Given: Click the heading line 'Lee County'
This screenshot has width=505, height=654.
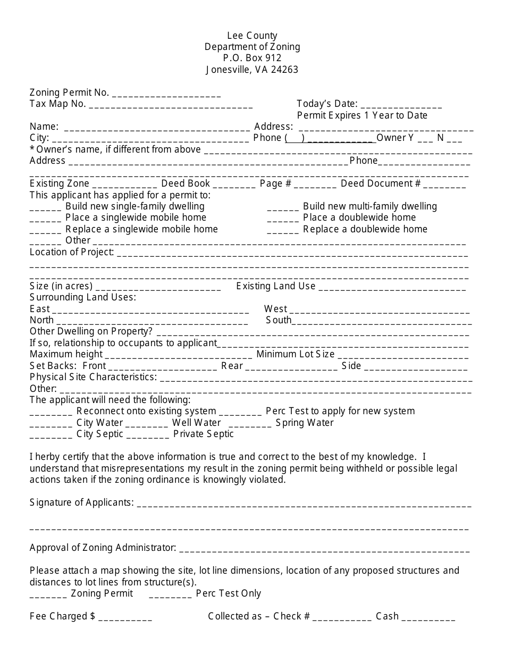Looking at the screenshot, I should pyautogui.click(x=252, y=36).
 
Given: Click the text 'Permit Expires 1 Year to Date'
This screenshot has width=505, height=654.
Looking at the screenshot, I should pyautogui.click(x=362, y=115).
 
